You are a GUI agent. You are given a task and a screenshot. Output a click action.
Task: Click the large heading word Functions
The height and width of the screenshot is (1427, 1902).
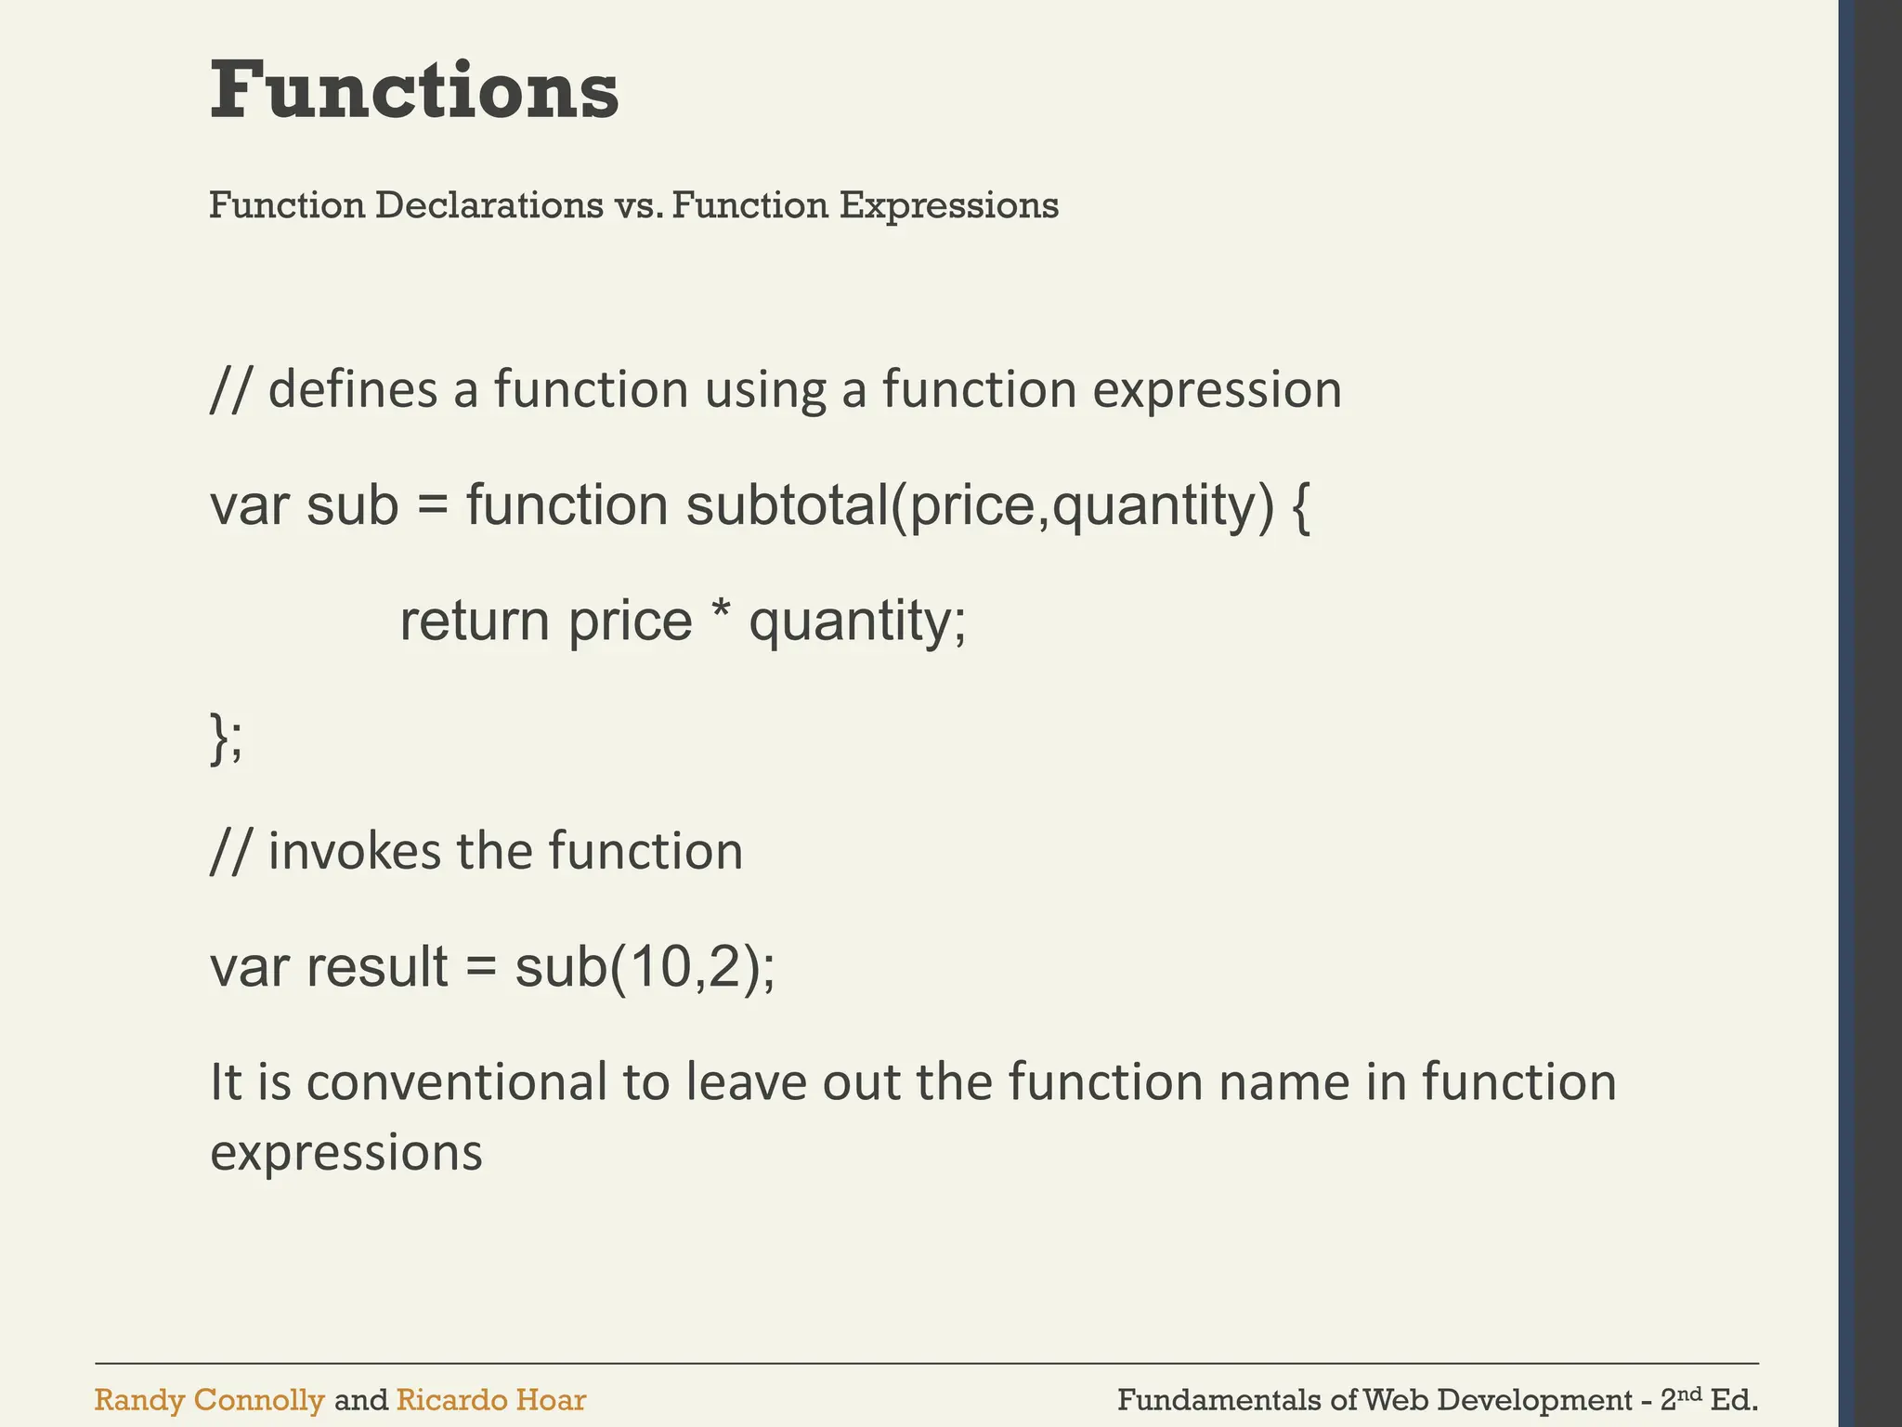point(414,90)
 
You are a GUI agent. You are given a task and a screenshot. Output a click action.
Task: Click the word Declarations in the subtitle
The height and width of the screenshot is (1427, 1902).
point(489,205)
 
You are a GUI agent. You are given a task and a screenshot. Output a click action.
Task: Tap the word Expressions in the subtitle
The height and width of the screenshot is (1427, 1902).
point(948,205)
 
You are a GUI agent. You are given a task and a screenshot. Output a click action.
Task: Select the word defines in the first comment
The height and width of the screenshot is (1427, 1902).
point(352,388)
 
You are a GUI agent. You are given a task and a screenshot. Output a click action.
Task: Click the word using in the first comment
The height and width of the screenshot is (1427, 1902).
point(764,390)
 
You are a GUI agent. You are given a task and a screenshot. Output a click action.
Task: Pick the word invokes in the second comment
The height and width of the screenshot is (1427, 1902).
point(354,850)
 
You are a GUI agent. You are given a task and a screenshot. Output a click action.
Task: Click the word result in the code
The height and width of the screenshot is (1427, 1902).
point(377,966)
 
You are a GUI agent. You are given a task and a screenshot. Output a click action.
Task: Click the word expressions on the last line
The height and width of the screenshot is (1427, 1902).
point(346,1153)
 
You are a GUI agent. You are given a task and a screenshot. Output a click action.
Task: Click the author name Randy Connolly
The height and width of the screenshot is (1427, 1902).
point(209,1400)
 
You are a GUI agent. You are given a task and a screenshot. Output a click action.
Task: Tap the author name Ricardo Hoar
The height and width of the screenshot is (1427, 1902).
point(490,1400)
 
